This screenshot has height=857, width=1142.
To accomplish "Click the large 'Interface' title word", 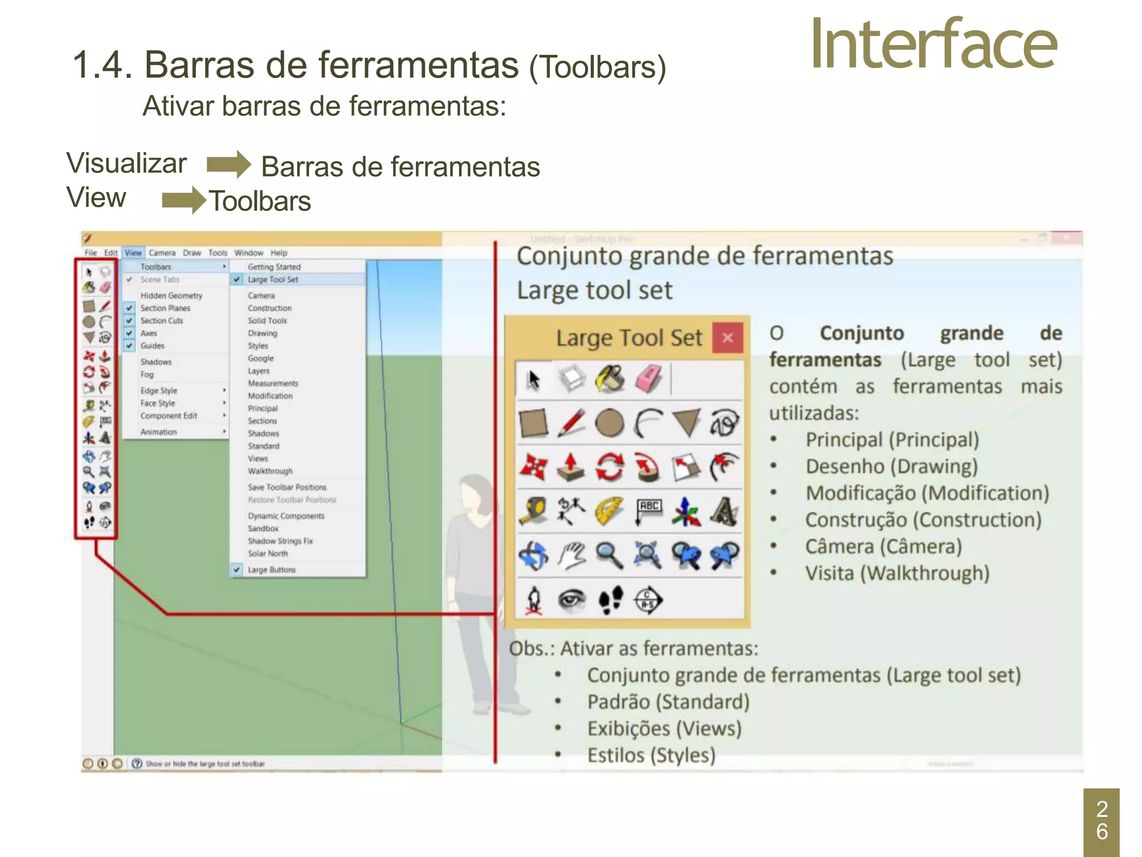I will click(933, 45).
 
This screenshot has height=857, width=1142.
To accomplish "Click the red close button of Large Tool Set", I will click(728, 338).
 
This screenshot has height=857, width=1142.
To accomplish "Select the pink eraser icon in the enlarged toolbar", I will click(648, 379).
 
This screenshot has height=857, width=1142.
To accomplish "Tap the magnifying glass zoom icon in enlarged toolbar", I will click(609, 555).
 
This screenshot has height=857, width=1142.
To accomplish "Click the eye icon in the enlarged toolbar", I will click(572, 600).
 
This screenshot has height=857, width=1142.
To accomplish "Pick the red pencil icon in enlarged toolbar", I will click(571, 423).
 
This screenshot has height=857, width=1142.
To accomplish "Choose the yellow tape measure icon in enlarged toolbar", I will click(534, 511).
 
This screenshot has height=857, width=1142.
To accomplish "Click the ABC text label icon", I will click(649, 510).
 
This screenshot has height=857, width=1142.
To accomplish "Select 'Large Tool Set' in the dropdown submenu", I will click(273, 280).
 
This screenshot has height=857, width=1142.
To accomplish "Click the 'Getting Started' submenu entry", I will click(274, 267).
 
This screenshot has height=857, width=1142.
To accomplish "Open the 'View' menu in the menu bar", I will click(133, 253).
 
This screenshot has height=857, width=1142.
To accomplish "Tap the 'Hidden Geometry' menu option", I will click(171, 296).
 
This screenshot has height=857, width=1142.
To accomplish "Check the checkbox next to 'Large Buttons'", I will click(237, 570).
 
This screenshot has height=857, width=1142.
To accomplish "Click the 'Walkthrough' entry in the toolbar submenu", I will click(270, 471).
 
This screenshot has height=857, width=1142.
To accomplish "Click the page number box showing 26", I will click(1101, 821).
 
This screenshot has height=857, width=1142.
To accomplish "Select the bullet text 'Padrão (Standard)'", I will click(668, 702).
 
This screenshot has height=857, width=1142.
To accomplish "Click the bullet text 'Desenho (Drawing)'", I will click(891, 466).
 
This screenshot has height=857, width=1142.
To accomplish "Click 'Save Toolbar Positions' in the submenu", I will click(287, 487).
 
